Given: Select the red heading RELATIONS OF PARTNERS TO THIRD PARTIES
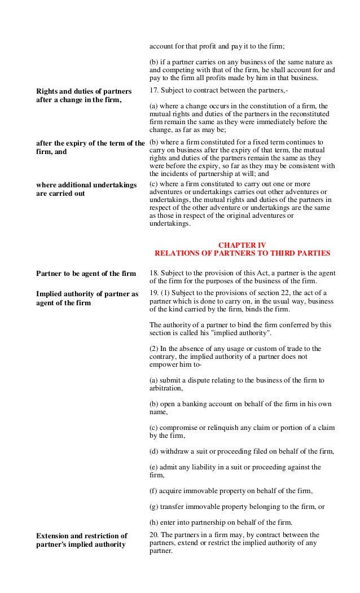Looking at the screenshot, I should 242,253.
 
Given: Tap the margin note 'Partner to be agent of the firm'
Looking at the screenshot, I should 86,274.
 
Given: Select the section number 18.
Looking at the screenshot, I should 153,273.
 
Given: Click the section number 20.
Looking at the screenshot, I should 153,535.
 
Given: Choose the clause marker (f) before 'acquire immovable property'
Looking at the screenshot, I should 153,491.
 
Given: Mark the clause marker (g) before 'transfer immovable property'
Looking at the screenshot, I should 154,507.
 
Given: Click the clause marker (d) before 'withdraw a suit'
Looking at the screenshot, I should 154,451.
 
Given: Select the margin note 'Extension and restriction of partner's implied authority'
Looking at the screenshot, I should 81,539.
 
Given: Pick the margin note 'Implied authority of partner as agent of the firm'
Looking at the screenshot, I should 87,298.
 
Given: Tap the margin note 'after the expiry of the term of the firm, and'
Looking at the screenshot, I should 90,147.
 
